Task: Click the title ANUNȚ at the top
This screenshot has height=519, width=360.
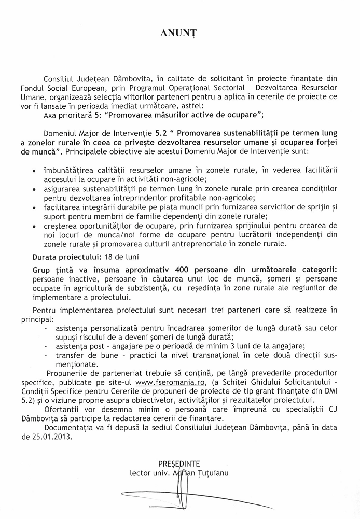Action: tap(179, 32)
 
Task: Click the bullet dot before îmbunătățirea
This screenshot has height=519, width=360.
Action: tap(34, 170)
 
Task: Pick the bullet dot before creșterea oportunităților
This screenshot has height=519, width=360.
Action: tap(34, 226)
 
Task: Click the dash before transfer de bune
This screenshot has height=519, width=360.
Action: tap(47, 355)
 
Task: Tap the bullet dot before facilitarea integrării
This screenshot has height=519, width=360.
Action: tap(34, 207)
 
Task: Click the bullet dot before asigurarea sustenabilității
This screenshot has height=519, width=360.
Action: tap(34, 189)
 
